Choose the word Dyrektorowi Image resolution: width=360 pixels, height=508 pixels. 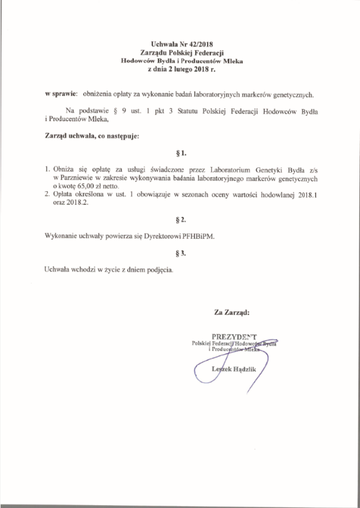(170, 236)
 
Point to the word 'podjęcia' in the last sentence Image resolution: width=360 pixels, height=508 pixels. (160, 270)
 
